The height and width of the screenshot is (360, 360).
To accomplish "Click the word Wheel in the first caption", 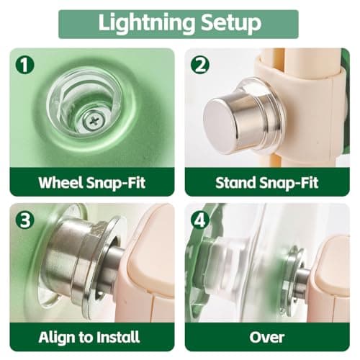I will pyautogui.click(x=63, y=182).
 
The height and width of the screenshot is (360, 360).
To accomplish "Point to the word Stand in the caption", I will pyautogui.click(x=235, y=182).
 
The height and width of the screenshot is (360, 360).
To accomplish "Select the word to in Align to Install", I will pyautogui.click(x=86, y=338).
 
